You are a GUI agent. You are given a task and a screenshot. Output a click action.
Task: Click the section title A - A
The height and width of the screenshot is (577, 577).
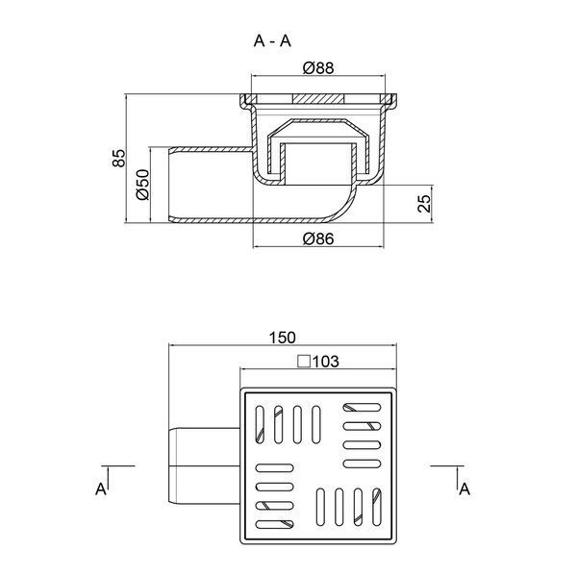coord(272,40)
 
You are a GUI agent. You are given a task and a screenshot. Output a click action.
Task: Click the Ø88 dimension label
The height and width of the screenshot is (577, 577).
coord(318,68)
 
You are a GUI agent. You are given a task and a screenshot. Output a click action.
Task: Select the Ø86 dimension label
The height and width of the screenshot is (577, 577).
coord(318,239)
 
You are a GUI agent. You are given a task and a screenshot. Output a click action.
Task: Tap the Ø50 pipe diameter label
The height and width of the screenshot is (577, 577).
coord(142,185)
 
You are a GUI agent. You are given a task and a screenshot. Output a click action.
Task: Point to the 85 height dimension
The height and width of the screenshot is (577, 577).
coord(119,159)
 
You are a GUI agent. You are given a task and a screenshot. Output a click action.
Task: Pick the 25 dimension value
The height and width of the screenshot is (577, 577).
coord(424,204)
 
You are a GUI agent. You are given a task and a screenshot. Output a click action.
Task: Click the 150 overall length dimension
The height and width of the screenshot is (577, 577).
coord(282,338)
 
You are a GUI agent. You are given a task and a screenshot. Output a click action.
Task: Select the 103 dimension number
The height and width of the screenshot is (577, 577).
coord(326,362)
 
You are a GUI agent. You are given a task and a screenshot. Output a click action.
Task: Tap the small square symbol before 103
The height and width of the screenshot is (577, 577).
coord(304,362)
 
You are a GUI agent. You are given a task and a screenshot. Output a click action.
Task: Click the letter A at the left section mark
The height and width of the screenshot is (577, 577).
coord(101,489)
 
